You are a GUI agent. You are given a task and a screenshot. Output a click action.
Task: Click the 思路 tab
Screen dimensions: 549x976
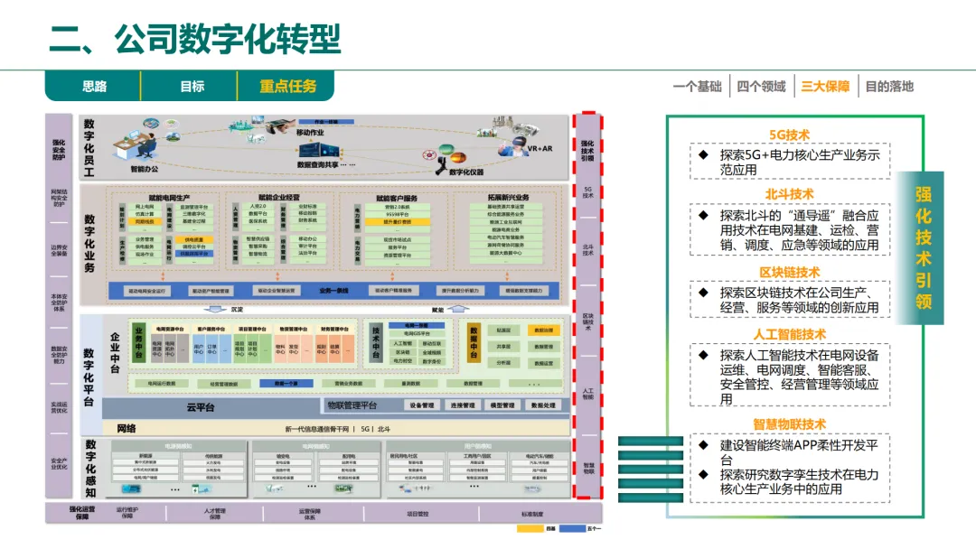click(95, 87)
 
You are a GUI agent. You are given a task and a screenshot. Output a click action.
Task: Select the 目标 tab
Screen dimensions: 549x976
click(192, 87)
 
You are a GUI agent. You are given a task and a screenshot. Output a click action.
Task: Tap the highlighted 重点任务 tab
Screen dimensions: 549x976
click(287, 87)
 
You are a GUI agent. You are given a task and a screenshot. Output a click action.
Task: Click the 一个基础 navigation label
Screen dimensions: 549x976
click(697, 87)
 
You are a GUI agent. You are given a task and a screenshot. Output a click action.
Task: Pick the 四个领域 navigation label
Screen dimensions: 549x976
click(761, 87)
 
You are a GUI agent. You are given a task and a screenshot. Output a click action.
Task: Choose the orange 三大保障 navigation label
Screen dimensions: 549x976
click(825, 87)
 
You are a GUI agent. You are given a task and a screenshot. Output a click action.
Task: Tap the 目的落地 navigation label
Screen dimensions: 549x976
click(889, 87)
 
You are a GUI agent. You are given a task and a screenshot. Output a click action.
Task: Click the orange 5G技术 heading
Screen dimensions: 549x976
click(789, 135)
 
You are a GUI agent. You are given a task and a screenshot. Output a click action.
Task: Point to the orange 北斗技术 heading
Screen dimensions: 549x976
click(789, 194)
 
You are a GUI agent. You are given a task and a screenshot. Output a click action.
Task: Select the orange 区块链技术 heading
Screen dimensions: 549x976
click(789, 272)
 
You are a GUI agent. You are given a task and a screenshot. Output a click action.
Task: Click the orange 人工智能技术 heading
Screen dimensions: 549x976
click(789, 334)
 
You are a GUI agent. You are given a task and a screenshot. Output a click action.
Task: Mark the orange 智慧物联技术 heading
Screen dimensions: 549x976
click(789, 424)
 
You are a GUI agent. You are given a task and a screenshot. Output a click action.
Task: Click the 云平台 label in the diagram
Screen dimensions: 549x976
click(201, 407)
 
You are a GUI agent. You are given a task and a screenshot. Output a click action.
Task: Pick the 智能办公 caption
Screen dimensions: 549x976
click(144, 169)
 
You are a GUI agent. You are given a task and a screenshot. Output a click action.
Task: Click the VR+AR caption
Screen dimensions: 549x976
click(540, 148)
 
